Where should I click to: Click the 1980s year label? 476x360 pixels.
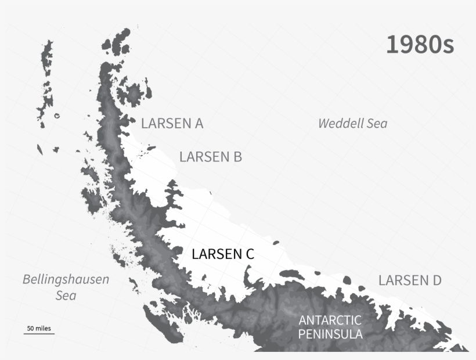pyautogui.click(x=420, y=45)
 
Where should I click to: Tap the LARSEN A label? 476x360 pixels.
pyautogui.click(x=172, y=123)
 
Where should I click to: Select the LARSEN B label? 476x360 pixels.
pyautogui.click(x=210, y=157)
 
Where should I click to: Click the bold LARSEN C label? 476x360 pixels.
pyautogui.click(x=223, y=254)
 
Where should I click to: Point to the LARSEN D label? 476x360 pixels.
pyautogui.click(x=410, y=280)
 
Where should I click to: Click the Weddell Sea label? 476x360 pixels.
pyautogui.click(x=352, y=123)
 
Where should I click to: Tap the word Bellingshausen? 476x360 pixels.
pyautogui.click(x=66, y=279)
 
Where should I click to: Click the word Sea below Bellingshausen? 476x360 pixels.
pyautogui.click(x=66, y=296)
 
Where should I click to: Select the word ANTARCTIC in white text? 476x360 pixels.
pyautogui.click(x=330, y=320)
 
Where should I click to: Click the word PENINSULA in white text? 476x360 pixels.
pyautogui.click(x=330, y=334)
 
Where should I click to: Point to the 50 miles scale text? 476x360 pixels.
pyautogui.click(x=39, y=328)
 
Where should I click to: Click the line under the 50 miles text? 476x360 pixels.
pyautogui.click(x=39, y=334)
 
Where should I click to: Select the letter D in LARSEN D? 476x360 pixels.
pyautogui.click(x=436, y=280)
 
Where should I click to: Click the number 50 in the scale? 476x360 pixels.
pyautogui.click(x=30, y=328)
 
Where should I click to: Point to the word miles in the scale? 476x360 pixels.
pyautogui.click(x=43, y=328)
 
